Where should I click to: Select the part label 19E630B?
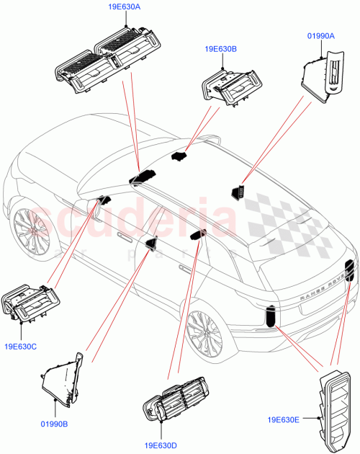[220, 49]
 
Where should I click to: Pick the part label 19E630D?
[165, 446]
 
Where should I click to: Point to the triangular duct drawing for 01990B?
[63, 378]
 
